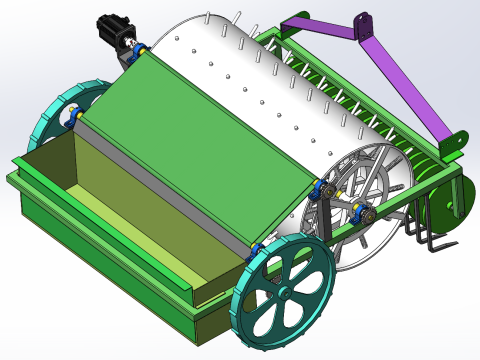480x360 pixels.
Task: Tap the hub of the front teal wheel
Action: tap(284, 294)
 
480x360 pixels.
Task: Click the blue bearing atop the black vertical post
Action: tap(322, 190)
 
